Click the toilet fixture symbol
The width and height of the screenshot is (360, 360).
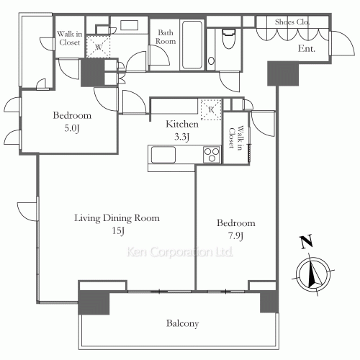pyautogui.click(x=228, y=38)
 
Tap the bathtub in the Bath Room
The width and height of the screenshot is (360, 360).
pyautogui.click(x=192, y=45)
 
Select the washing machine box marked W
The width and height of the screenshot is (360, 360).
pyautogui.click(x=98, y=47)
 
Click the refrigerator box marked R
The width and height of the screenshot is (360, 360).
pyautogui.click(x=211, y=109)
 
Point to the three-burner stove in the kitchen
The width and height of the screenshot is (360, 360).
pyautogui.click(x=212, y=155)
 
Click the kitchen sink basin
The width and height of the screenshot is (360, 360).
pyautogui.click(x=163, y=155)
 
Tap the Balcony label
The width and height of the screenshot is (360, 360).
pyautogui.click(x=183, y=323)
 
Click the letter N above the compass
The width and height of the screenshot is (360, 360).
pyautogui.click(x=306, y=242)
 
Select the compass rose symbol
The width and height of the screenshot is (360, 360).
pyautogui.click(x=313, y=274)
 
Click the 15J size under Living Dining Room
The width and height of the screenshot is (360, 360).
pyautogui.click(x=118, y=231)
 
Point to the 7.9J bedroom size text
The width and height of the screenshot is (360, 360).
pyautogui.click(x=235, y=236)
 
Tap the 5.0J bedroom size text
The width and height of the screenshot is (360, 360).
pyautogui.click(x=72, y=128)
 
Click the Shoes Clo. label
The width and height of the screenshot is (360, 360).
pyautogui.click(x=292, y=22)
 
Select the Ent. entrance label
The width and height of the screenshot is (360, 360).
pyautogui.click(x=307, y=49)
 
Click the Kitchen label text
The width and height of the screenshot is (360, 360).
pyautogui.click(x=182, y=124)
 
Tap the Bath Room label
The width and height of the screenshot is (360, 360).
pyautogui.click(x=166, y=37)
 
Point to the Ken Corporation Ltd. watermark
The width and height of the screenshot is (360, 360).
pyautogui.click(x=180, y=252)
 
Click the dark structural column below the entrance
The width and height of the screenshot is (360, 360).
pyautogui.click(x=283, y=73)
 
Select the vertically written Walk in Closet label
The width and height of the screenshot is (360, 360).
pyautogui.click(x=235, y=138)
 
